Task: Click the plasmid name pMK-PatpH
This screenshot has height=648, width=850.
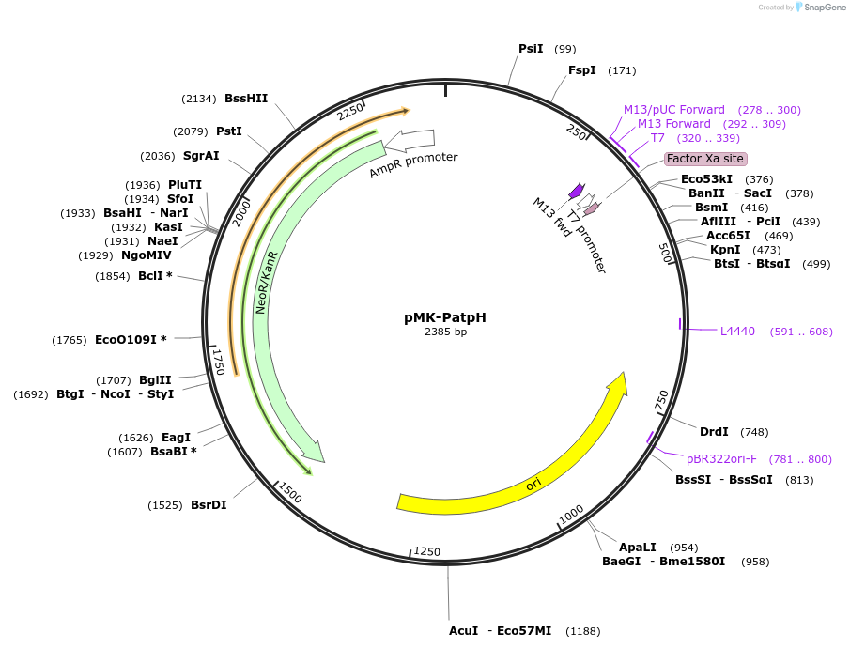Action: (x=445, y=317)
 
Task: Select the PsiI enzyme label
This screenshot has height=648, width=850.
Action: (x=531, y=49)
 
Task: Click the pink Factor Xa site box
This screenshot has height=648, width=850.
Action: (x=705, y=159)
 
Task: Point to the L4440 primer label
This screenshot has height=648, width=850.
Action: (x=737, y=331)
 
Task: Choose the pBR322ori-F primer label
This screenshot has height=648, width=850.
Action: (x=721, y=459)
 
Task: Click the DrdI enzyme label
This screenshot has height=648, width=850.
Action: (x=714, y=432)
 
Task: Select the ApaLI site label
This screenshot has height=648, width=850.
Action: (x=637, y=547)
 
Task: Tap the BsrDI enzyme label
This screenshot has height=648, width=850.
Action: (x=209, y=504)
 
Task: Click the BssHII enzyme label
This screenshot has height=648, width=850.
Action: (x=246, y=98)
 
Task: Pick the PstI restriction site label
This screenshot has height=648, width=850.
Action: (x=229, y=131)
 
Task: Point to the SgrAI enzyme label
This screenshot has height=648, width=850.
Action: (x=201, y=156)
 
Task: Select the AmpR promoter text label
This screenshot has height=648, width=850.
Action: (x=413, y=164)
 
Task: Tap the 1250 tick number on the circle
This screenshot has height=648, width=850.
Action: (x=426, y=551)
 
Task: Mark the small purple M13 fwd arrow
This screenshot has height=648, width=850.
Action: (x=576, y=192)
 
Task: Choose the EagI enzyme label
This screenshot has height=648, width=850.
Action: (x=176, y=438)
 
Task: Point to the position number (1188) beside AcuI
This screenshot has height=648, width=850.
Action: (x=583, y=631)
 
